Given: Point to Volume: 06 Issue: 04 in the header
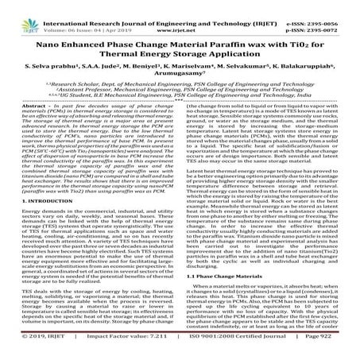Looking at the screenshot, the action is pyautogui.click(x=79, y=14).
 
